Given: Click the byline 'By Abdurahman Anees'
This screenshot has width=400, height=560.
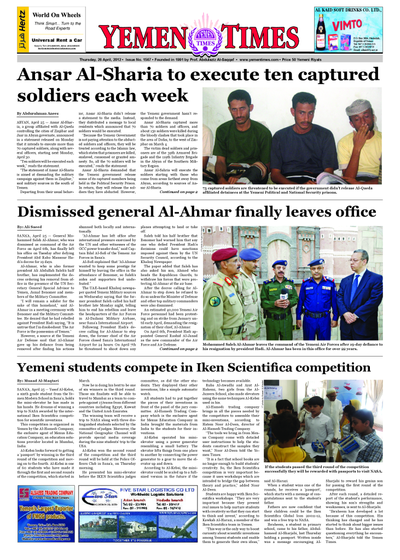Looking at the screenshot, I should tap(37, 112).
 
